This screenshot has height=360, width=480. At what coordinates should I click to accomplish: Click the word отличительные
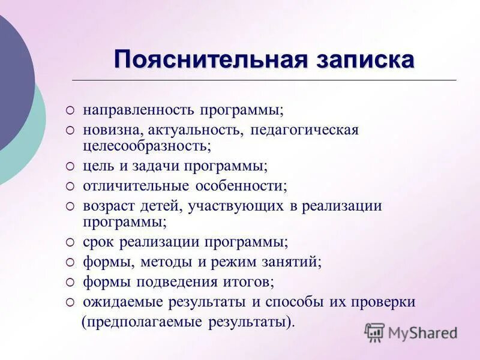130,185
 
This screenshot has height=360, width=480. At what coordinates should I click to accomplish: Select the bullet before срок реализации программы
70,242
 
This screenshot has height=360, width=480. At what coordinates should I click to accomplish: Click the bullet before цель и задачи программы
70,166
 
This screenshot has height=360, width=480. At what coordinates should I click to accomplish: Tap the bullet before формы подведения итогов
70,282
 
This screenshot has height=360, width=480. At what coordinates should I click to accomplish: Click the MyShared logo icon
374,332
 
